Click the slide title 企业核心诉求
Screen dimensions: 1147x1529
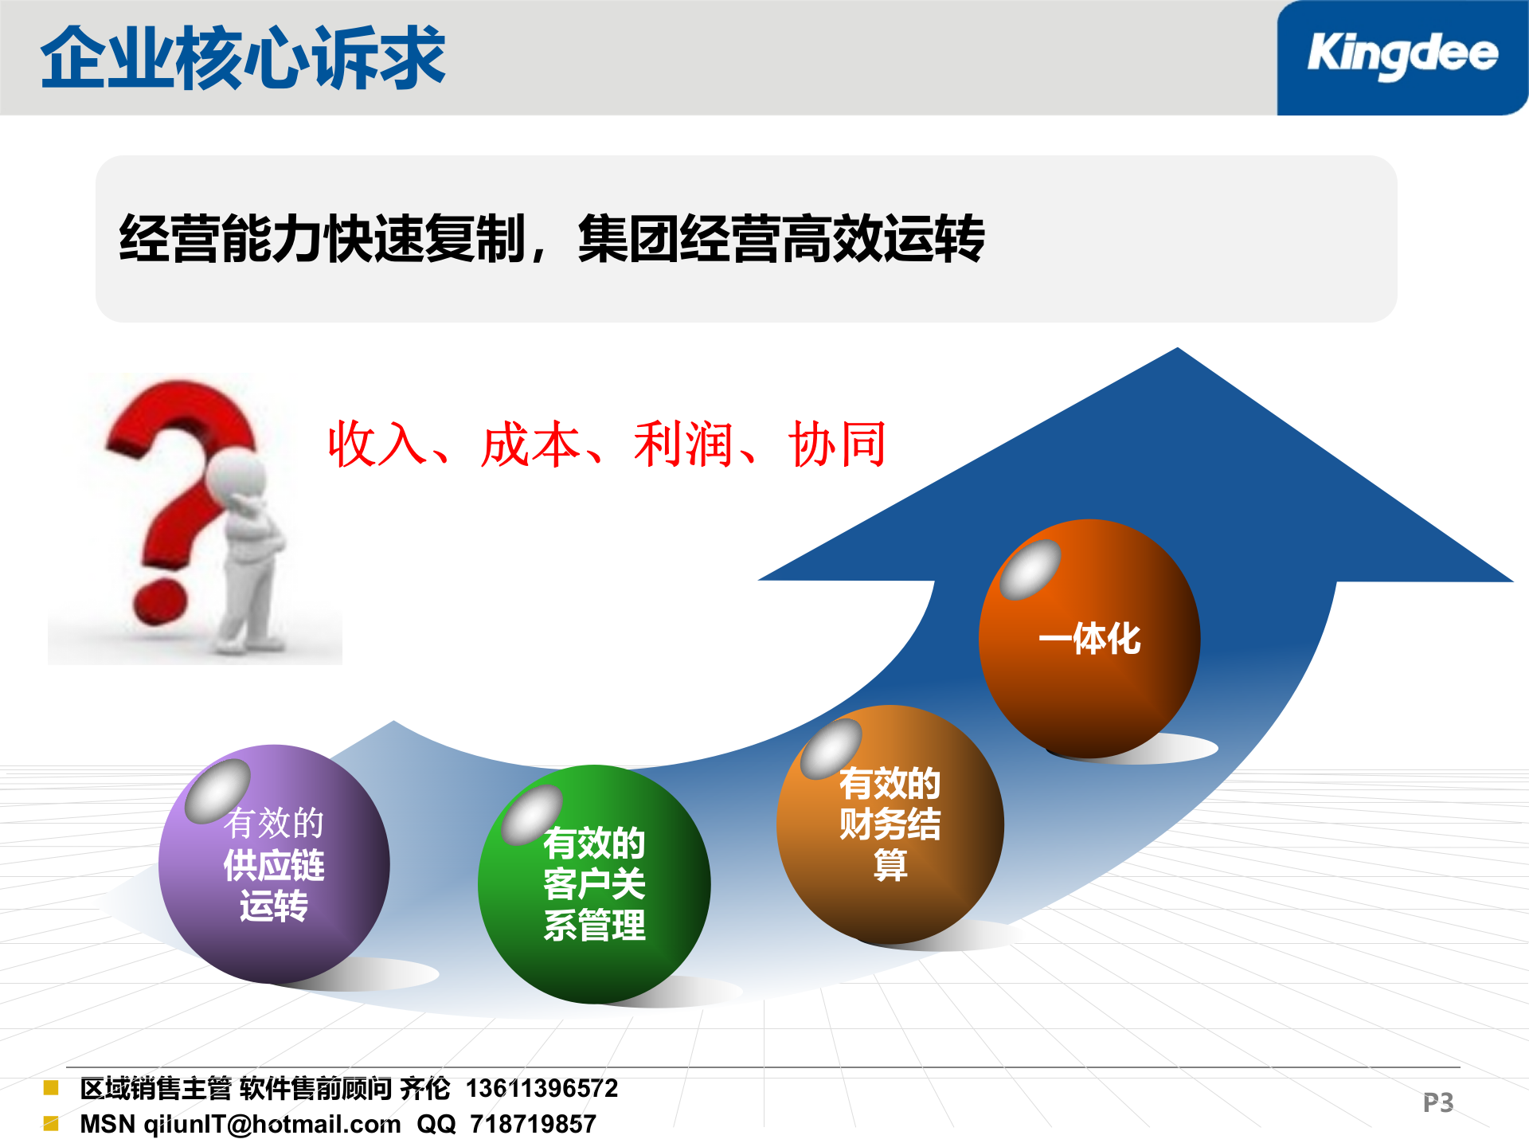[243, 57]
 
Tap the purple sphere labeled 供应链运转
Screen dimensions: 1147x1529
[274, 865]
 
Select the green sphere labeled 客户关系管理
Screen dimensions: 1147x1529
[594, 884]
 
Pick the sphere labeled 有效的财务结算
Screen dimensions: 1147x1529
[890, 824]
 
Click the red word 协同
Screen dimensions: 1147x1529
[837, 444]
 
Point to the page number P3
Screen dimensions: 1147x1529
[1438, 1102]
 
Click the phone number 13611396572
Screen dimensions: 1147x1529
[542, 1088]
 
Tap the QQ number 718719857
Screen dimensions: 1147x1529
[533, 1124]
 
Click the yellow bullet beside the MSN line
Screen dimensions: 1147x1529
[51, 1123]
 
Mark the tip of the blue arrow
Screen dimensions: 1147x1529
[1177, 350]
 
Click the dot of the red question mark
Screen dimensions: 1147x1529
[159, 601]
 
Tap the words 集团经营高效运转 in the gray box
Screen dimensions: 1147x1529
[781, 239]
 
